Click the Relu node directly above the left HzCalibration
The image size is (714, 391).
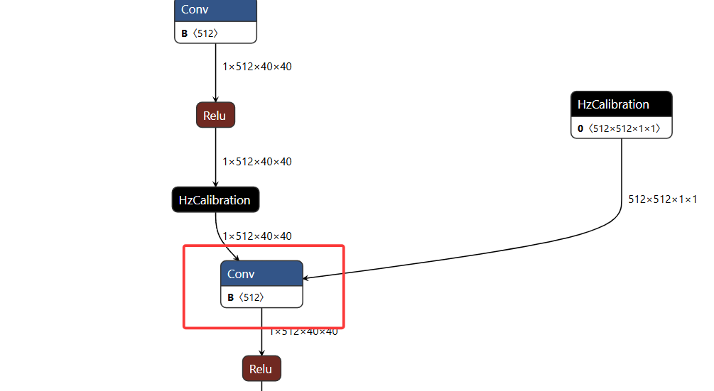[215, 115]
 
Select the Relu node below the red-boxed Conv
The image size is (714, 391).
[261, 369]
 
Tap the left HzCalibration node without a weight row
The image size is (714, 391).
[215, 200]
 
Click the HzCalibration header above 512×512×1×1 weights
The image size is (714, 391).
[622, 104]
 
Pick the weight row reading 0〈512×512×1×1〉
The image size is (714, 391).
[622, 128]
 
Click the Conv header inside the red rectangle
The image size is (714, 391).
[261, 274]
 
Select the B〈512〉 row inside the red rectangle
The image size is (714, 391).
[261, 297]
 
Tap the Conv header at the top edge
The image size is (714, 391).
[215, 10]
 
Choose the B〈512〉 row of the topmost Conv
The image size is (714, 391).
[215, 33]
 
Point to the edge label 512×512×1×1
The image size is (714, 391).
[662, 199]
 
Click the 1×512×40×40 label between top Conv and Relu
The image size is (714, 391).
[256, 67]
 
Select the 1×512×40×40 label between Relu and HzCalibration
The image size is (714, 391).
[256, 162]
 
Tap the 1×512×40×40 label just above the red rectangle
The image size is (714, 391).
[256, 236]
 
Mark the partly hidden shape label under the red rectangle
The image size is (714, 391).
[303, 332]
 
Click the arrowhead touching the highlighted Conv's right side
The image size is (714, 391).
[308, 277]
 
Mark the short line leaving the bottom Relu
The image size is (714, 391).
[261, 386]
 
